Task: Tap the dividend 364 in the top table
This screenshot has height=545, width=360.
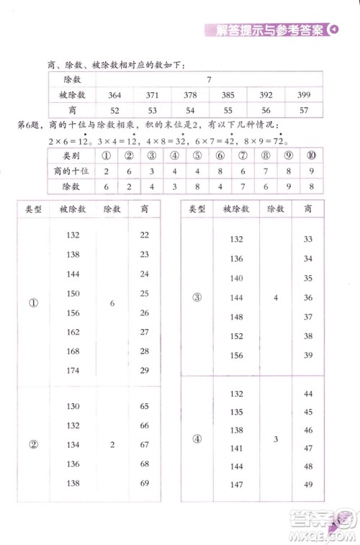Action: [x=114, y=95]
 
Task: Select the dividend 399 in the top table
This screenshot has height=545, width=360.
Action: [x=303, y=95]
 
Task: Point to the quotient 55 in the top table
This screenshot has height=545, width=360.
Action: [x=228, y=110]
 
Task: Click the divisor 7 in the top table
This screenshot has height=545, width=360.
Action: [x=208, y=80]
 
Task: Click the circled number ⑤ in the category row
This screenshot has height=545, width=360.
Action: [x=195, y=156]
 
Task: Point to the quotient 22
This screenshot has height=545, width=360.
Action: [x=145, y=235]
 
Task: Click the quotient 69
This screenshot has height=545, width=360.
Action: [x=145, y=482]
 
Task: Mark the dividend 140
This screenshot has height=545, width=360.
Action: [x=236, y=278]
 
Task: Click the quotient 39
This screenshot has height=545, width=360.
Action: [x=307, y=356]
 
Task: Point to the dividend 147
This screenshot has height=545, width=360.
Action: [x=236, y=484]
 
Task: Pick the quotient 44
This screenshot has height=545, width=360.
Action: [x=307, y=394]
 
